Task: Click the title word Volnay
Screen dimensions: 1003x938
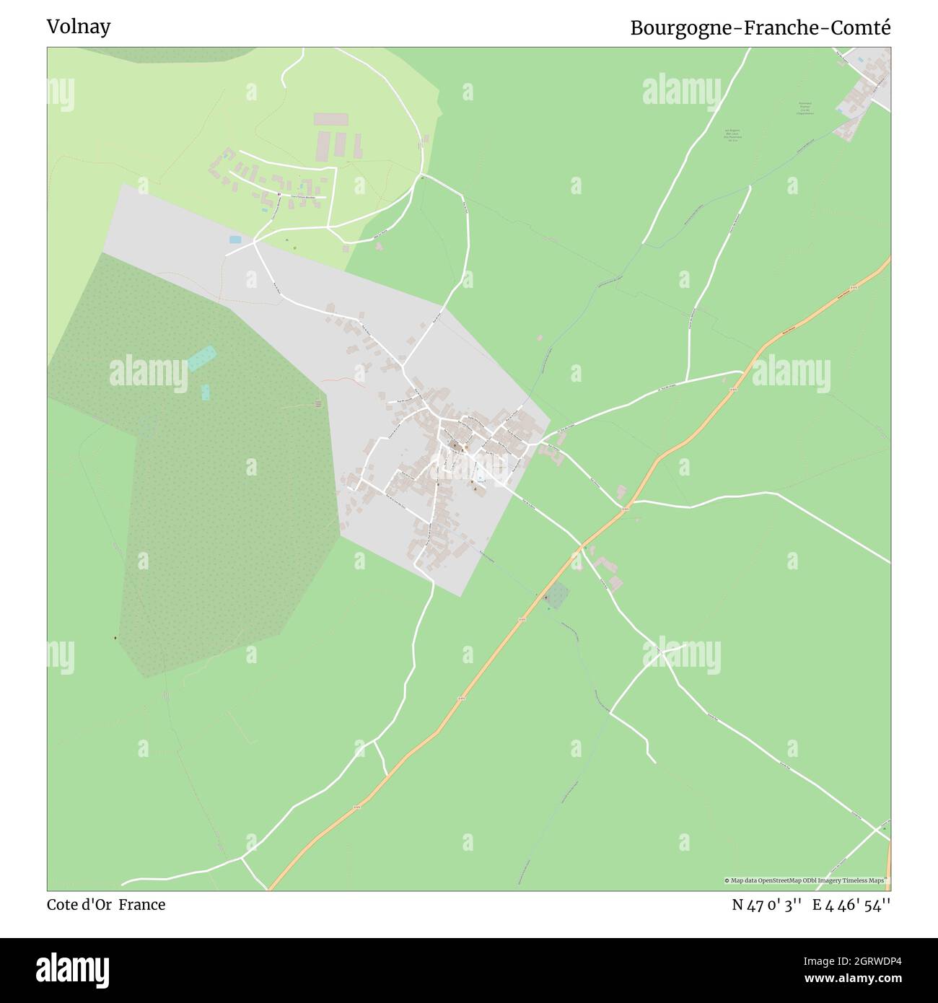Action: click(x=79, y=27)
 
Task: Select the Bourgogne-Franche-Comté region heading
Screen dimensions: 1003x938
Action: click(x=761, y=27)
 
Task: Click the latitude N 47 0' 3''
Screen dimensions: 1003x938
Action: click(x=767, y=905)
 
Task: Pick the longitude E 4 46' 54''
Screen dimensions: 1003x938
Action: click(x=851, y=905)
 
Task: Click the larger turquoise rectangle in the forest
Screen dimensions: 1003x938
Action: click(x=202, y=358)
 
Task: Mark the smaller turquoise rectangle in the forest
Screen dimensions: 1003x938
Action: click(x=206, y=392)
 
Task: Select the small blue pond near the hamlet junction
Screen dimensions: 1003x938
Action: click(x=235, y=239)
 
